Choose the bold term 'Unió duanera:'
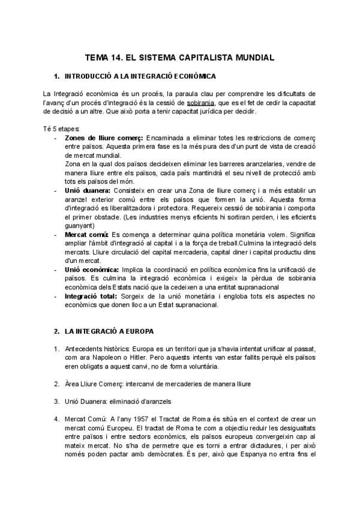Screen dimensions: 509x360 coord(88,190)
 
